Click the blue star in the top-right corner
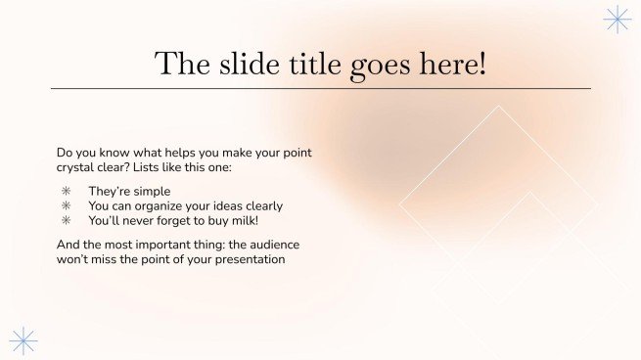pyautogui.click(x=617, y=20)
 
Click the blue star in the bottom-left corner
pyautogui.click(x=23, y=339)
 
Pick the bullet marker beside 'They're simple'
pyautogui.click(x=67, y=192)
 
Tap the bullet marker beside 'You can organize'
pyautogui.click(x=67, y=206)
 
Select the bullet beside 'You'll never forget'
pyautogui.click(x=67, y=221)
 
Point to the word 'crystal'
pyautogui.click(x=78, y=168)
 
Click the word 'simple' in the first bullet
pyautogui.click(x=152, y=192)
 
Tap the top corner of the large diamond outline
pyautogui.click(x=499, y=106)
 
